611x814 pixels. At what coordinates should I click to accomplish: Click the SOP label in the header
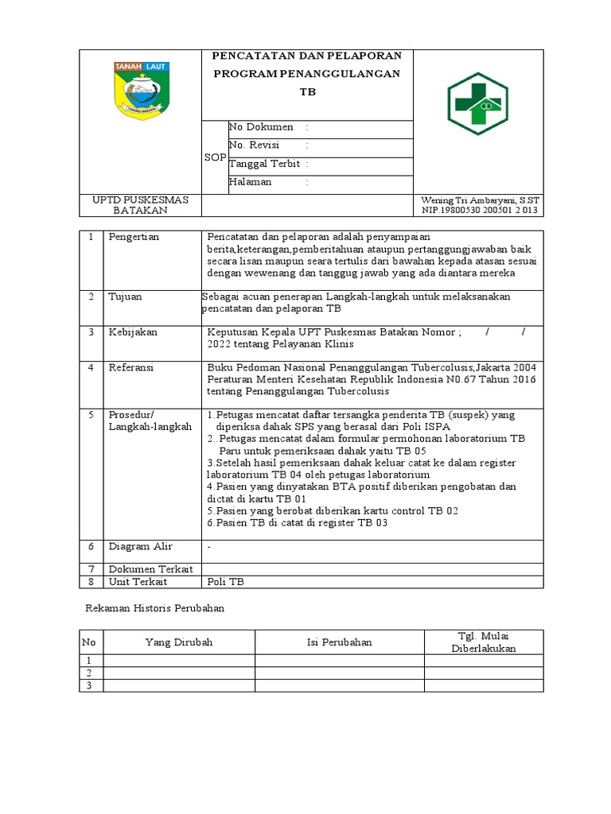[215, 157]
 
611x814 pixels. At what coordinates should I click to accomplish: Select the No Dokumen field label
[262, 127]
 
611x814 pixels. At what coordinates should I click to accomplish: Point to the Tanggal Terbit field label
[265, 164]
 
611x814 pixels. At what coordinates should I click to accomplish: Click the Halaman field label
[251, 182]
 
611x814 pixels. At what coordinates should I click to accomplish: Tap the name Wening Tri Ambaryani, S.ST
[480, 200]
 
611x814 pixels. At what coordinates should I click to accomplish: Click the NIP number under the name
[480, 210]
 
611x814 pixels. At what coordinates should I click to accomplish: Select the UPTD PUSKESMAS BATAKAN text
[140, 205]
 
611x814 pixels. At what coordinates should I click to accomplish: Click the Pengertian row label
[134, 237]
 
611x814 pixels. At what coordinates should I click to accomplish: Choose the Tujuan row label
[126, 297]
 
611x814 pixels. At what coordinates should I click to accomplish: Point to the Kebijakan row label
[132, 331]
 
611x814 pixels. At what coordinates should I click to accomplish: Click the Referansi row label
[132, 367]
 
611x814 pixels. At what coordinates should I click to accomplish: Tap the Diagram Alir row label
[141, 547]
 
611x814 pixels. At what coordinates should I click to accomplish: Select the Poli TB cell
[226, 582]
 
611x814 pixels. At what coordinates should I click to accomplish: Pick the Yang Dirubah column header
[179, 642]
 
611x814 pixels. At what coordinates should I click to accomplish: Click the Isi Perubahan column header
[339, 642]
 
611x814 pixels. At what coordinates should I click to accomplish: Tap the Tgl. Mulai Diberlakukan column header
[484, 642]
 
